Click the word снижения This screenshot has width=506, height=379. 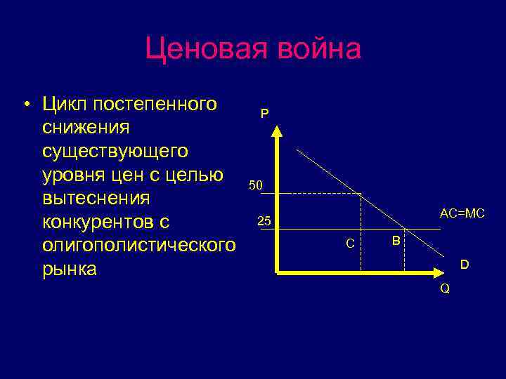coord(86,128)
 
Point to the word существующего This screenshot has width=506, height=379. coord(115,151)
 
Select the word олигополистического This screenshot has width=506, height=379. coord(138,246)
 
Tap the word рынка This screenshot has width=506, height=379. coord(70,269)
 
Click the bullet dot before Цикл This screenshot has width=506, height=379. coord(25,106)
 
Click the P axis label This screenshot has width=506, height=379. coord(264,113)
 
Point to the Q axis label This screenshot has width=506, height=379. coord(445,288)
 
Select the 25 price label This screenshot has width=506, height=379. coord(264,222)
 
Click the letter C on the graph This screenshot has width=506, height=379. coord(350,244)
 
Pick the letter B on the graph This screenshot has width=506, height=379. coord(396,241)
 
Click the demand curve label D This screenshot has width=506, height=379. coord(464,265)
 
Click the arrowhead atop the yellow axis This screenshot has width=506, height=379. coord(278,131)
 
